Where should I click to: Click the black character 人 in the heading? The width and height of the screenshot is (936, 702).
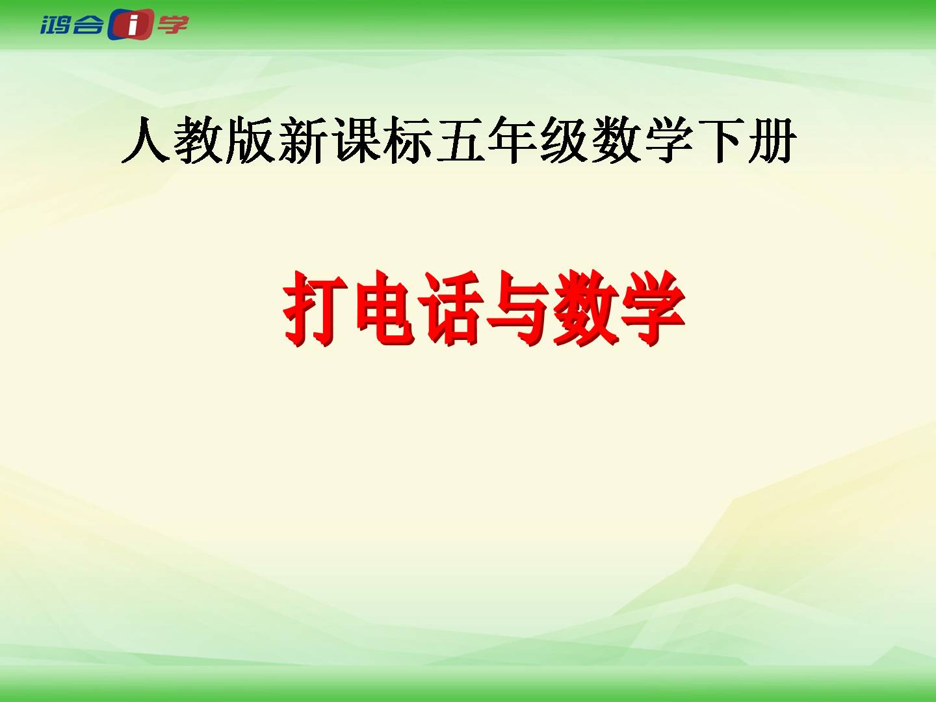pos(145,139)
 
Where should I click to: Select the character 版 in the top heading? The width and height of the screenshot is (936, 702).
pos(250,139)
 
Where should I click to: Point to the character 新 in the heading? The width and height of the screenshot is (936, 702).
pos(302,139)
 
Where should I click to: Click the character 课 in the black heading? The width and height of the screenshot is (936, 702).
pos(355,139)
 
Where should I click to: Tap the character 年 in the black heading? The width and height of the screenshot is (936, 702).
pos(512,139)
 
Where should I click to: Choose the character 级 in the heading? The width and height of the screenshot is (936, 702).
pos(565,139)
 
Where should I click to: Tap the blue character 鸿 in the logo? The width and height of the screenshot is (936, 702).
pos(55,25)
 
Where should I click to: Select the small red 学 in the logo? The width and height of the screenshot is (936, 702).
pos(172,24)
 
